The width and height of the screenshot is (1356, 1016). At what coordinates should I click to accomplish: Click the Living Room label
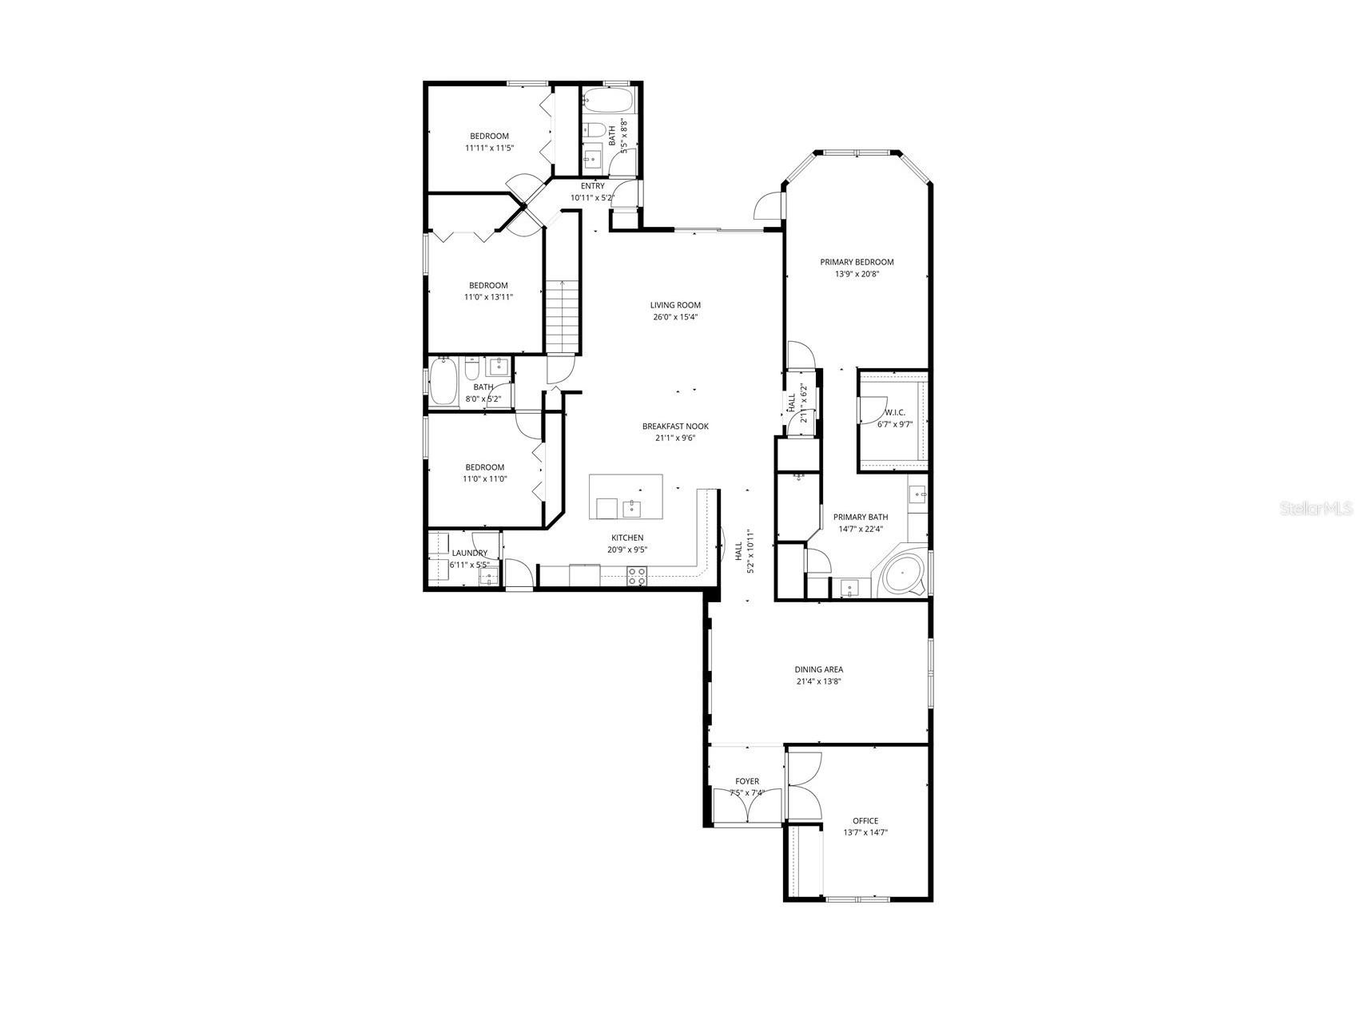point(675,304)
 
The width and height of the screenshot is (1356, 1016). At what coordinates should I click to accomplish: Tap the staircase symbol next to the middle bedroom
point(563,316)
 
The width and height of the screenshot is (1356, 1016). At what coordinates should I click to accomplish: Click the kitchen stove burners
point(637,576)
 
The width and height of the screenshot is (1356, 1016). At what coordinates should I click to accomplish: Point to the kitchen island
point(626,497)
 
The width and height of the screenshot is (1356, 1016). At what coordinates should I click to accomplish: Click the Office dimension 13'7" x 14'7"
point(865,832)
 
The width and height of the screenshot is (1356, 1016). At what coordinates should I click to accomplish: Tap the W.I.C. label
point(894,412)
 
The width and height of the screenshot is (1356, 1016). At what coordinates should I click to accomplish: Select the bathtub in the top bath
point(608,101)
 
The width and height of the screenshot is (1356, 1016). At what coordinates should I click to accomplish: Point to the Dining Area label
point(818,669)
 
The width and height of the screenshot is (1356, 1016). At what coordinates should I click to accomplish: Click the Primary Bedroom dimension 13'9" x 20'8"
point(857,274)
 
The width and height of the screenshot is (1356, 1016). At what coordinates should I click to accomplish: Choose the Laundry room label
point(469,553)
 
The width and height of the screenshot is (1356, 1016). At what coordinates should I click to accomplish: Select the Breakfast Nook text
point(675,426)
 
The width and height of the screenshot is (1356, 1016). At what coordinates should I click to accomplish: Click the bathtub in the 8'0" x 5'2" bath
point(443,382)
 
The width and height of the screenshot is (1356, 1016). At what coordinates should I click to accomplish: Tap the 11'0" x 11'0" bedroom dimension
point(485,479)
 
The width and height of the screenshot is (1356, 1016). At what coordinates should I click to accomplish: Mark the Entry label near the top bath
point(592,186)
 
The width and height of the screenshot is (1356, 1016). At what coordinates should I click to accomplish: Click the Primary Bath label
point(860,517)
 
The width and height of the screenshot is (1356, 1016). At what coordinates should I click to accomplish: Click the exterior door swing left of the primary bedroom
point(766,205)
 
